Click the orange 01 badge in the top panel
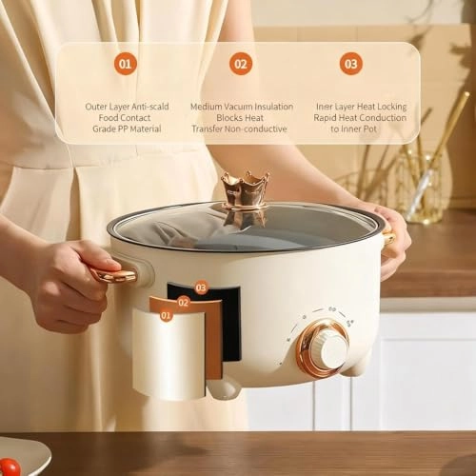pyautogui.click(x=126, y=64)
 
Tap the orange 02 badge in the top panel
pyautogui.click(x=241, y=64)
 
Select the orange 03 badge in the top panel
pyautogui.click(x=351, y=64)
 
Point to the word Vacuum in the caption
pyautogui.click(x=238, y=107)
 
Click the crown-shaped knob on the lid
pyautogui.click(x=245, y=190)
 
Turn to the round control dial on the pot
pyautogui.click(x=323, y=347)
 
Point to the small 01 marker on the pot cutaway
pyautogui.click(x=166, y=314)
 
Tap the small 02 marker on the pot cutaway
pyautogui.click(x=184, y=302)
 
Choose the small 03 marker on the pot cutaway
pyautogui.click(x=201, y=287)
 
